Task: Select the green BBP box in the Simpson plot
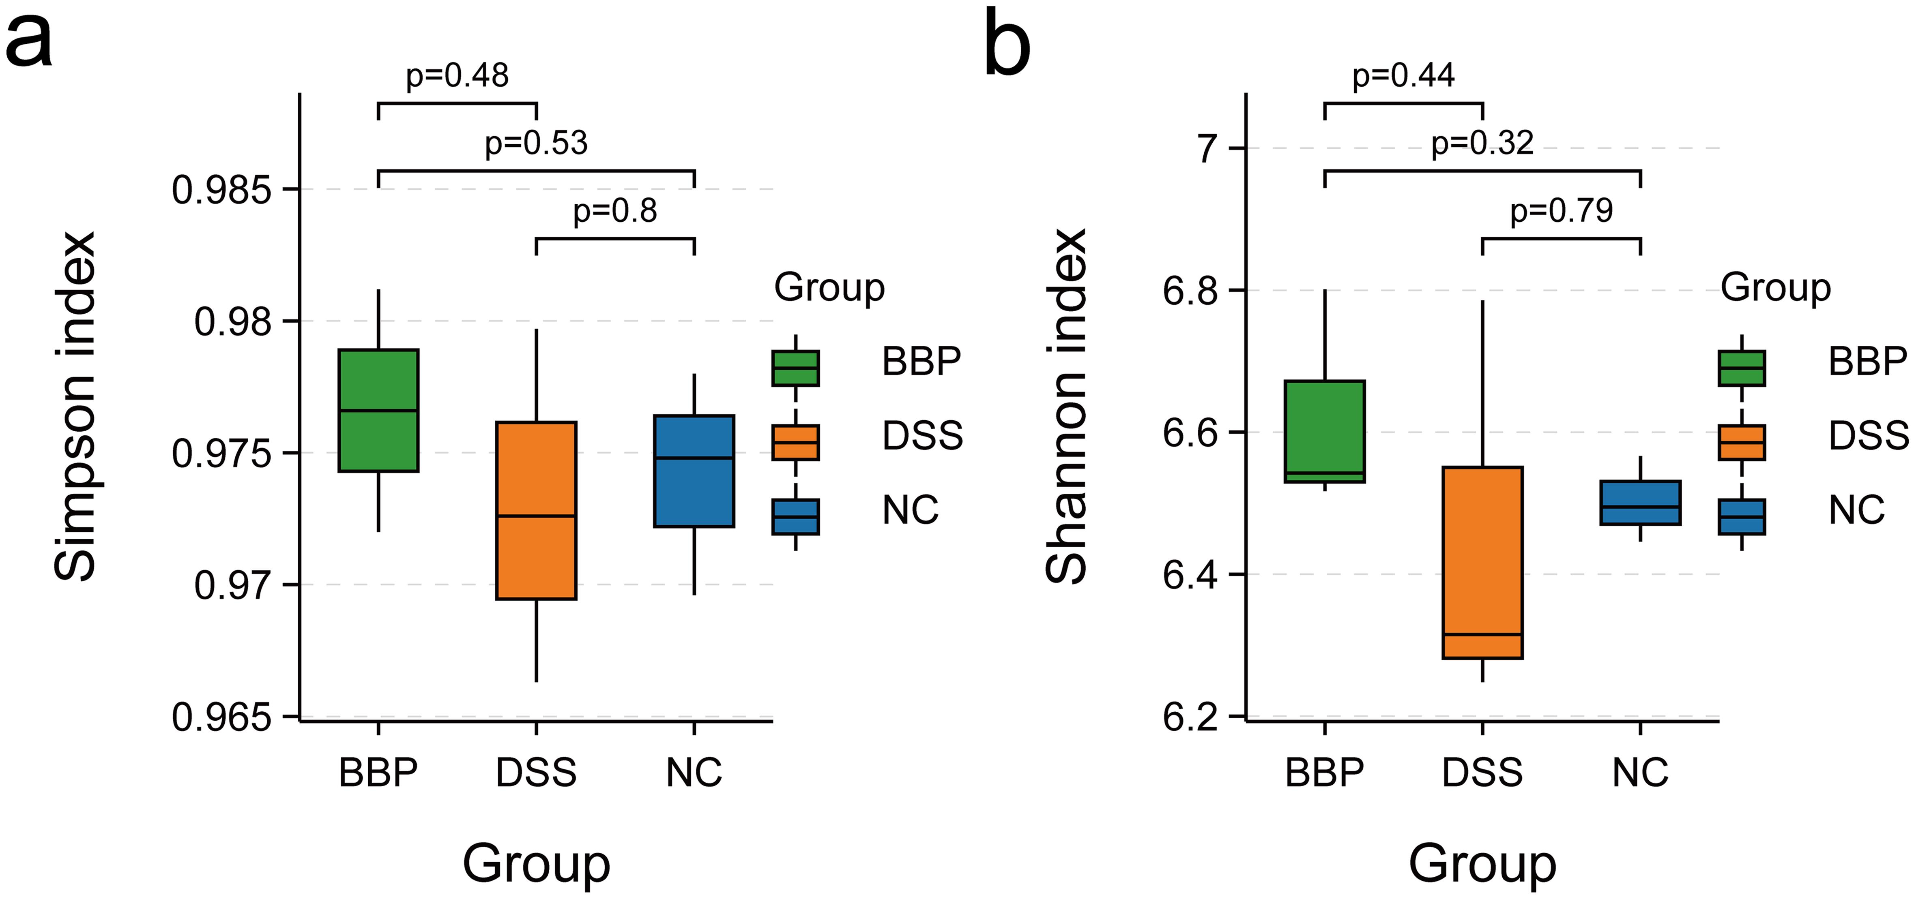pos(378,411)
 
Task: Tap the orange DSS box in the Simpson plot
pos(536,510)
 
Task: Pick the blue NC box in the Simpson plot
pos(694,471)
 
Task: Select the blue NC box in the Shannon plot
pos(1640,503)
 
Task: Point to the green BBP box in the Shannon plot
pos(1325,431)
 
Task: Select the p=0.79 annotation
pos(1561,211)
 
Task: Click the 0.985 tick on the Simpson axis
pos(221,191)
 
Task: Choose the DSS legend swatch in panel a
pos(795,443)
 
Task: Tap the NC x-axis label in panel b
pos(1640,773)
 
